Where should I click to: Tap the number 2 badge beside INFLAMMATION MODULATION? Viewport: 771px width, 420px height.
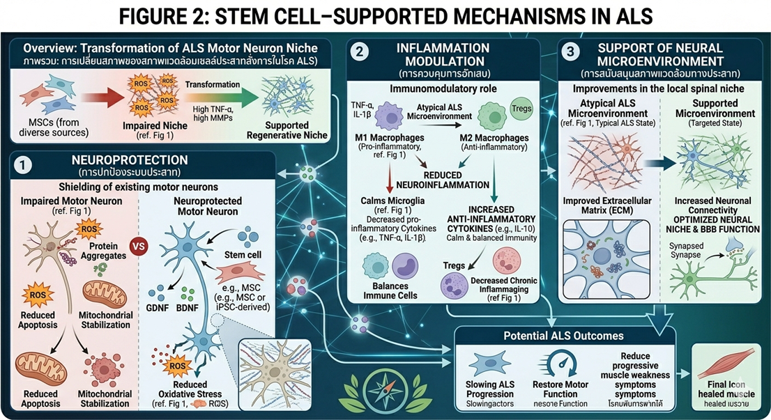click(358, 51)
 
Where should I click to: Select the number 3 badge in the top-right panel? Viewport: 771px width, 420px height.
click(571, 51)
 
